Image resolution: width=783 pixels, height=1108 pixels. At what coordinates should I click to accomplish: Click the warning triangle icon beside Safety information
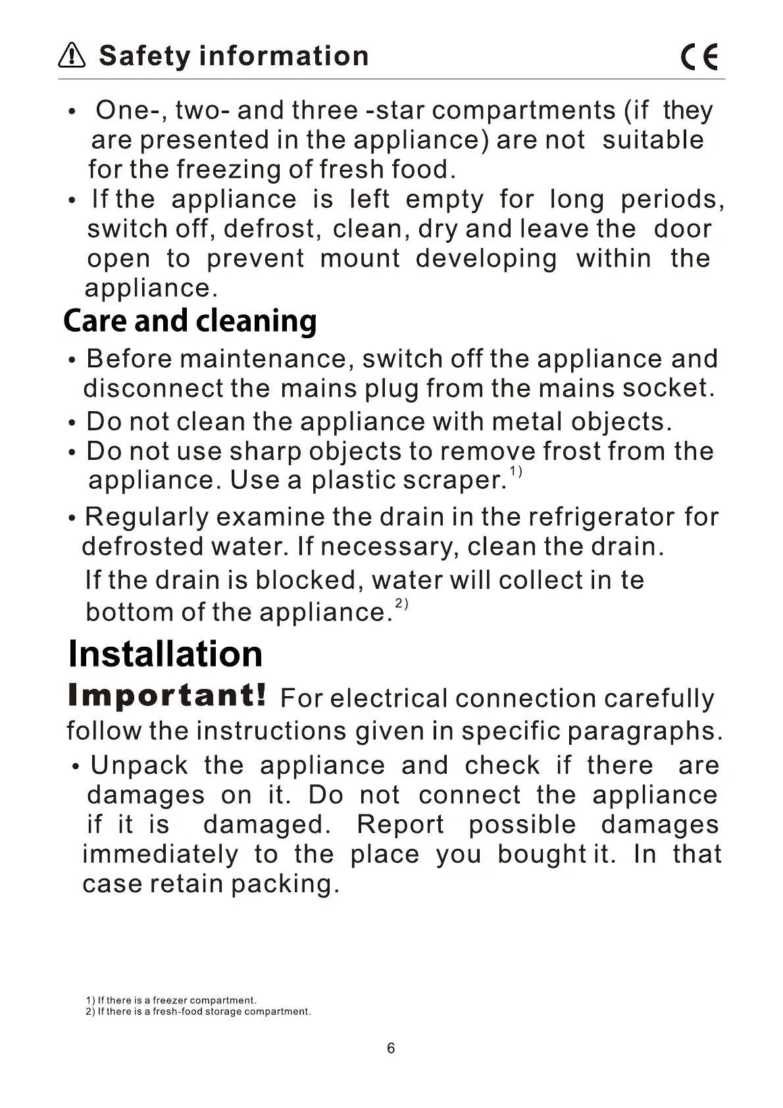coord(72,56)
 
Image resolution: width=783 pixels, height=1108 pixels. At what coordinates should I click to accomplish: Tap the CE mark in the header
coord(699,57)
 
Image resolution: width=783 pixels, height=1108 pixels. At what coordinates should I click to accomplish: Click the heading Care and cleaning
coord(190,321)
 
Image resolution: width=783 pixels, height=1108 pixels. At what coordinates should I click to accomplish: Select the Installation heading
coord(165,653)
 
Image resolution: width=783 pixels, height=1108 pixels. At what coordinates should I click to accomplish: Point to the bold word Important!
coord(168,695)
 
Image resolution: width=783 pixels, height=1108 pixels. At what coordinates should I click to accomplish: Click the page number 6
coord(391,1049)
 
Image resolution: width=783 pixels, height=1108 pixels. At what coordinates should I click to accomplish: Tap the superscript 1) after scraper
coord(516,471)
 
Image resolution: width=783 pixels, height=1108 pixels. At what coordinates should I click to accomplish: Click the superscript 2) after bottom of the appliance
coord(401,603)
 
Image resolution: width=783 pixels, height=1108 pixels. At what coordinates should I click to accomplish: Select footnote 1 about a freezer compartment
coord(171,1000)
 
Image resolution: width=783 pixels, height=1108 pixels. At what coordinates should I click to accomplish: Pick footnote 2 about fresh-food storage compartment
coord(198,1011)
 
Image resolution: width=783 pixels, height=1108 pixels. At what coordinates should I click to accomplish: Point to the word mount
coord(360,259)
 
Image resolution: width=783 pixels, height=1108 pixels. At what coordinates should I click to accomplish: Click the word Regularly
coord(147,517)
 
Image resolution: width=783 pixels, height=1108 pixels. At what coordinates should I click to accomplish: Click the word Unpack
coord(139,765)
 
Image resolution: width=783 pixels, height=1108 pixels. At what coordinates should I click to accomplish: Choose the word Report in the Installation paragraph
coord(400,824)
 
